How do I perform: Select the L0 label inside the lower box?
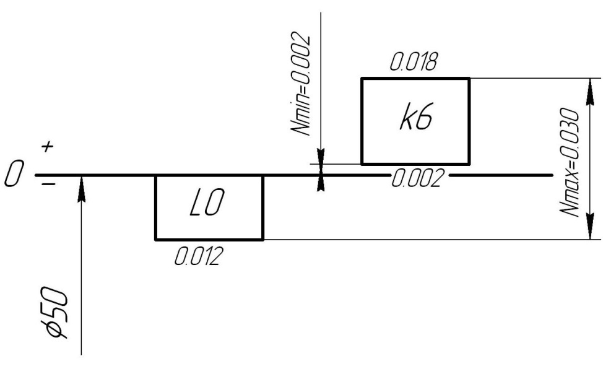(209, 207)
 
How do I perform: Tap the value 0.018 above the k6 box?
(414, 63)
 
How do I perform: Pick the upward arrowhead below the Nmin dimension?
(320, 183)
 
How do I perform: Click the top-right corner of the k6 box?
(469, 78)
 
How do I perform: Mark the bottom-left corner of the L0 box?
(155, 239)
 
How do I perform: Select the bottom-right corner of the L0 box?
(263, 239)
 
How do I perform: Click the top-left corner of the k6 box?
(362, 78)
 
